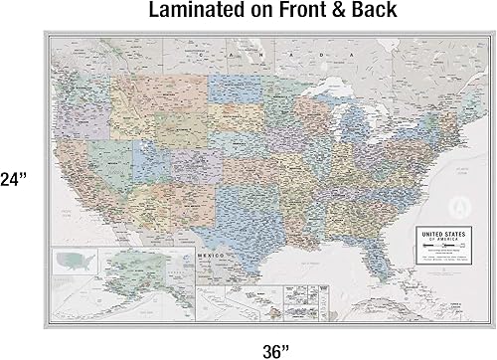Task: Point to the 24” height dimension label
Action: tap(13, 180)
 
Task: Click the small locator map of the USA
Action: tap(76, 263)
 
